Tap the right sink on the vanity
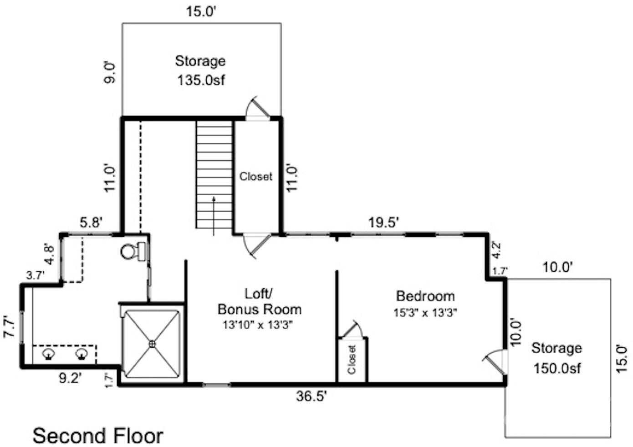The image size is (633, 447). [82, 354]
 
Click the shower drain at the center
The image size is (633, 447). [153, 344]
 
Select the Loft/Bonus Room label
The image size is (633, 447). [259, 301]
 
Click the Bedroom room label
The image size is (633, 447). [425, 296]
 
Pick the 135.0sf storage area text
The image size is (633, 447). [201, 80]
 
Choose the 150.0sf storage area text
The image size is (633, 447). [557, 368]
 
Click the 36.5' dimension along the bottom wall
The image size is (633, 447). [311, 396]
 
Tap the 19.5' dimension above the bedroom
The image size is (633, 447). [384, 223]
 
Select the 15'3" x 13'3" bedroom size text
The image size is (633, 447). [425, 313]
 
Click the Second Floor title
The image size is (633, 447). [98, 436]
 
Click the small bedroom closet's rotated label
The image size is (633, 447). [352, 360]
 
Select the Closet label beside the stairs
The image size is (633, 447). [256, 177]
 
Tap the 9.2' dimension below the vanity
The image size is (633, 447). [70, 378]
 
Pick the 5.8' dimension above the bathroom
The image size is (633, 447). [91, 223]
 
